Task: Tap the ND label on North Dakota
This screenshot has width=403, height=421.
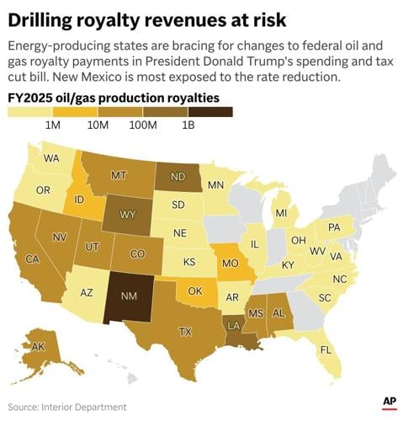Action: (x=178, y=177)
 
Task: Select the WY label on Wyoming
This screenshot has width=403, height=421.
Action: (x=127, y=214)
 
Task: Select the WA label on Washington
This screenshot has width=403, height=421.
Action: (x=51, y=158)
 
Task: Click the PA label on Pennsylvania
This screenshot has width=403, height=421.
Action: (x=334, y=227)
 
